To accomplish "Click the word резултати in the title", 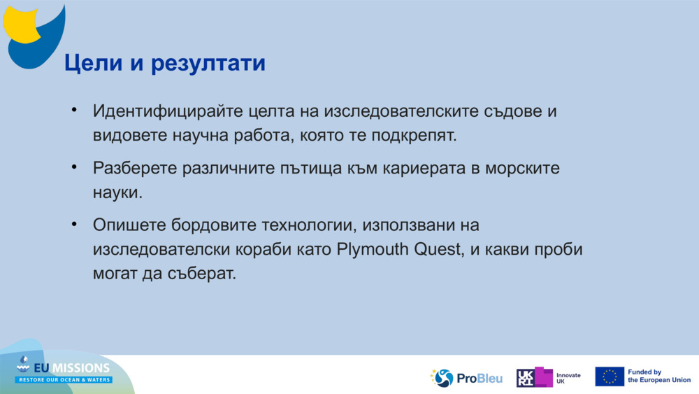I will (x=208, y=64).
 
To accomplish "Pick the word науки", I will (x=117, y=192).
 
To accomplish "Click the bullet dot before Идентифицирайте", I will (x=74, y=112).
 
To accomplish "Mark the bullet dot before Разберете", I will (x=74, y=169).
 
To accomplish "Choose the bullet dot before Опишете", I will (x=74, y=226).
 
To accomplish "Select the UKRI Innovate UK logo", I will (x=548, y=378).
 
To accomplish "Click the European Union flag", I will (x=610, y=377).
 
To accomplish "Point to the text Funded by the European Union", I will (x=659, y=377).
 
